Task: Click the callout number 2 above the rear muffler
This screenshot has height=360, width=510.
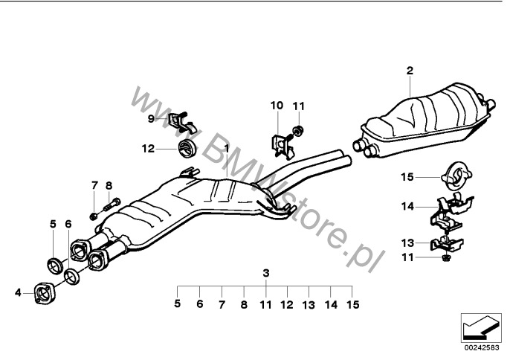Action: [x=410, y=71]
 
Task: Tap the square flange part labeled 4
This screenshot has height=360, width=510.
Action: [x=45, y=292]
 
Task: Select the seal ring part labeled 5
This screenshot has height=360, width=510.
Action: [x=55, y=265]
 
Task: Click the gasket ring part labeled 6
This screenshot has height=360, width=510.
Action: [x=72, y=277]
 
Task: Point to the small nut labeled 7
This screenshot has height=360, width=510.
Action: [x=94, y=216]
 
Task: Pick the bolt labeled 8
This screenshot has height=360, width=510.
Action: [x=112, y=205]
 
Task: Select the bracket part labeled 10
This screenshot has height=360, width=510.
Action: [x=282, y=146]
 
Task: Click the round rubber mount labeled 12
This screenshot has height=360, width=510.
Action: [x=187, y=148]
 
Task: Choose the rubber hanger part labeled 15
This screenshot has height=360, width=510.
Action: [x=456, y=176]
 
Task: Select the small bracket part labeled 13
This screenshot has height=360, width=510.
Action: [x=448, y=243]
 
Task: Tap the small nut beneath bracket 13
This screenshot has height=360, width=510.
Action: [x=446, y=258]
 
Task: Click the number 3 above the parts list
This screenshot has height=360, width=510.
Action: [x=266, y=273]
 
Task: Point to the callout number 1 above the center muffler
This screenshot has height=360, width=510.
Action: [x=226, y=149]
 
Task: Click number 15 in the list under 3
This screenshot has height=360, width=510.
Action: [x=353, y=304]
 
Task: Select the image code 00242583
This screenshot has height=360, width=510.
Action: [x=482, y=347]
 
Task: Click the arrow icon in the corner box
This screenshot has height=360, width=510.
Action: [x=481, y=327]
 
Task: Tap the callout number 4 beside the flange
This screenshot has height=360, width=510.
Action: [x=18, y=292]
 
